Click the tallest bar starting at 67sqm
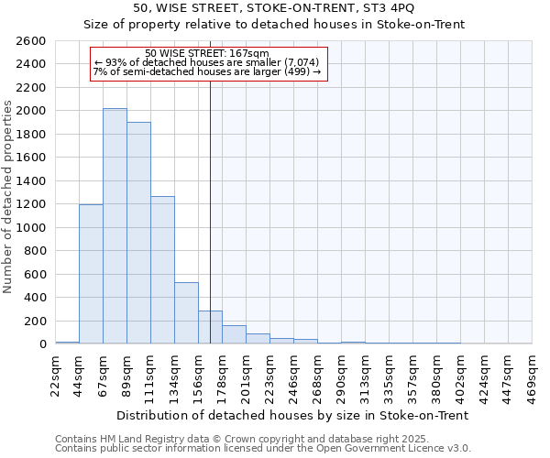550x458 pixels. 115,226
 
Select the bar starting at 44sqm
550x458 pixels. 91,274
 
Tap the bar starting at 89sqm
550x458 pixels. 138,233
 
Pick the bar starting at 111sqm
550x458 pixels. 162,270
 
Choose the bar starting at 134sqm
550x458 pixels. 186,313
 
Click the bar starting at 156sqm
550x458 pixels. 210,327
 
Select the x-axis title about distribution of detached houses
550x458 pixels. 292,415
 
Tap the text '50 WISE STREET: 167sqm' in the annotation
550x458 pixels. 207,54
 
